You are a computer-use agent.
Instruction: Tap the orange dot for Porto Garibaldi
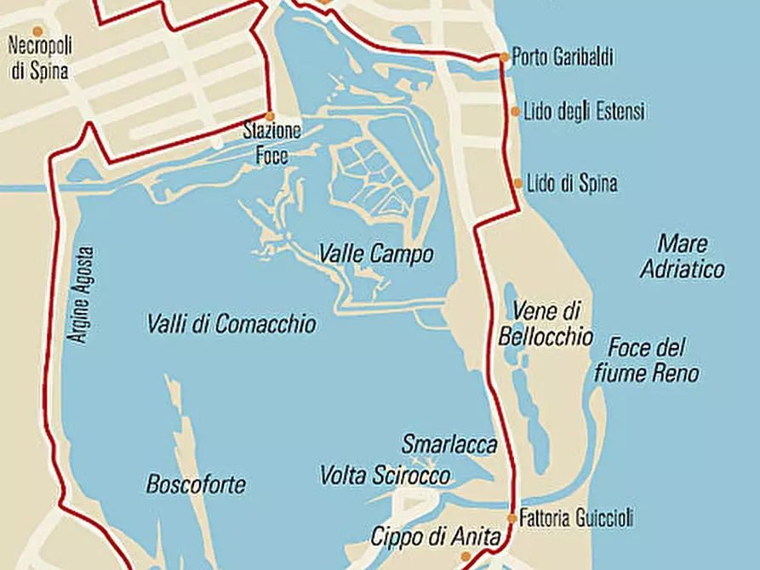504,58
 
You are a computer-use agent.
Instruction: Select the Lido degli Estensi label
584,111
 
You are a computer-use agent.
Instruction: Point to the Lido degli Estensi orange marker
515,111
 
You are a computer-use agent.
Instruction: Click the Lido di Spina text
572,183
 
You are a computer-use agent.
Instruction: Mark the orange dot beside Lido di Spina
518,183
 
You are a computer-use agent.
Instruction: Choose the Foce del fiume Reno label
653,361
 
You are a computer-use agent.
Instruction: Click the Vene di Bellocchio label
546,324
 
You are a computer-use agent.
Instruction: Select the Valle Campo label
376,254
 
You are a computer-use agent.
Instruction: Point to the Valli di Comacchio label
231,324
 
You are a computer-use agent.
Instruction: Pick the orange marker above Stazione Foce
270,117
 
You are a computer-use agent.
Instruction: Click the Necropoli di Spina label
39,59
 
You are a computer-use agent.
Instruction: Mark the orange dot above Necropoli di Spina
37,31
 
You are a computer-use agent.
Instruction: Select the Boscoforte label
196,486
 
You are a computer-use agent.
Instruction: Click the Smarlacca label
449,445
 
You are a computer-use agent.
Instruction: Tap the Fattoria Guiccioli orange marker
511,517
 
